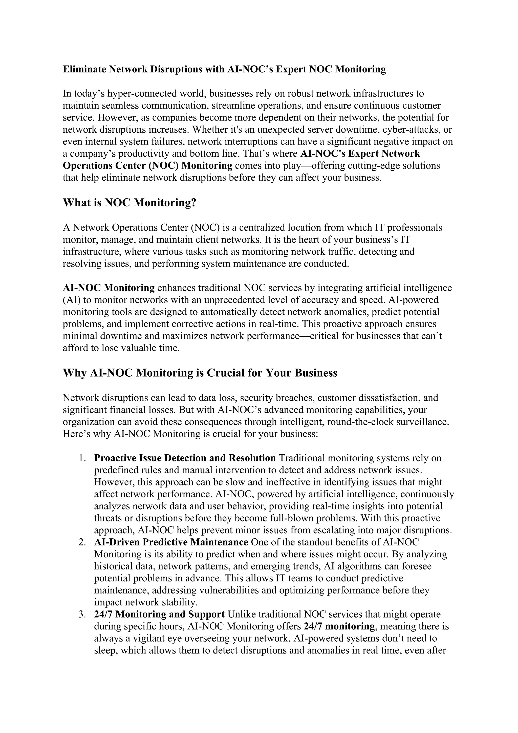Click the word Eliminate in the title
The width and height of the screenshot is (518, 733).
[x=84, y=69]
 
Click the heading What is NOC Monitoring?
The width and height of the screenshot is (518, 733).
[x=129, y=202]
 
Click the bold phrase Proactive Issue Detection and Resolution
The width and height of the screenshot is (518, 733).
[x=185, y=458]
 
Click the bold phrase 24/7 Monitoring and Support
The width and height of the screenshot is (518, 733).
[x=160, y=614]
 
